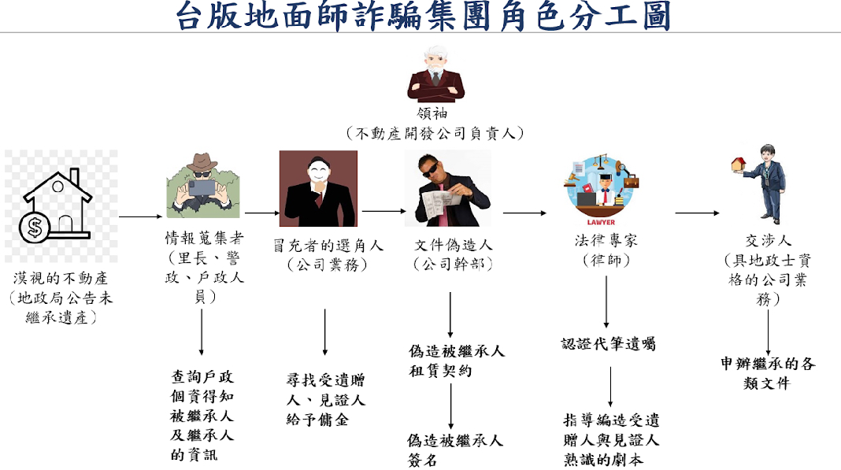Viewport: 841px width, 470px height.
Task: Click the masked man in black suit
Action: tap(318, 189)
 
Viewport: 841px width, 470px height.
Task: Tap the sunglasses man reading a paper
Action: tap(447, 190)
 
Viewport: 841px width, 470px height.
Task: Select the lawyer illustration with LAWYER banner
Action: tap(602, 189)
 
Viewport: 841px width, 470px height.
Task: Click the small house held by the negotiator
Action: tap(738, 165)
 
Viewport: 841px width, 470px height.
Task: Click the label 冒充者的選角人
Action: tap(328, 245)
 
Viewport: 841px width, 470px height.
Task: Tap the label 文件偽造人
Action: tap(453, 245)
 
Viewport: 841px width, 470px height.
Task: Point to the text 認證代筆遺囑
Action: tap(608, 344)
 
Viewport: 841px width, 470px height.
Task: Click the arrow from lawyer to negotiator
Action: tap(698, 213)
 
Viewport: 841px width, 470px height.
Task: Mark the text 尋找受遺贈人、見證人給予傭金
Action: tap(325, 399)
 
